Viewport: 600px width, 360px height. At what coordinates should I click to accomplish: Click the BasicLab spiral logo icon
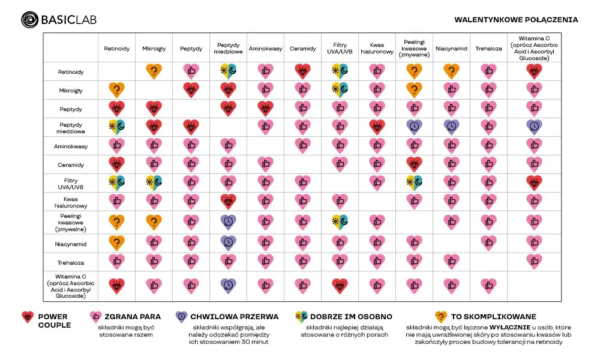pos(29,20)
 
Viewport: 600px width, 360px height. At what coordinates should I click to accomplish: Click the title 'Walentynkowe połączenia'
pos(516,20)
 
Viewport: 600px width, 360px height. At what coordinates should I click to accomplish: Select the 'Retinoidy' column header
pos(116,48)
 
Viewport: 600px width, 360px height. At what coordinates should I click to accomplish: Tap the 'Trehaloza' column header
pos(488,48)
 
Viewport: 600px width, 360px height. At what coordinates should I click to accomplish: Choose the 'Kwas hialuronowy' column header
pos(377,48)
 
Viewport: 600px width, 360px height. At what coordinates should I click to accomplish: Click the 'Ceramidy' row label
pos(71,164)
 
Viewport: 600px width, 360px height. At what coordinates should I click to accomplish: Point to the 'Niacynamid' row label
pos(71,244)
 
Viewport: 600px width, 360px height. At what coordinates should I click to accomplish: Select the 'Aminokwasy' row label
pos(71,146)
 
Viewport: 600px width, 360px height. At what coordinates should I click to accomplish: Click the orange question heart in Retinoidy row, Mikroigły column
pos(154,71)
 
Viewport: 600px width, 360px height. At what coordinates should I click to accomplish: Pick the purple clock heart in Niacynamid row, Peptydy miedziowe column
pos(228,242)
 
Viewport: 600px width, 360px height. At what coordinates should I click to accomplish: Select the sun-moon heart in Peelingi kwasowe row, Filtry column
pos(340,222)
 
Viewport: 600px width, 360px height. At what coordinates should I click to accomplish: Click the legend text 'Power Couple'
pos(53,320)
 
